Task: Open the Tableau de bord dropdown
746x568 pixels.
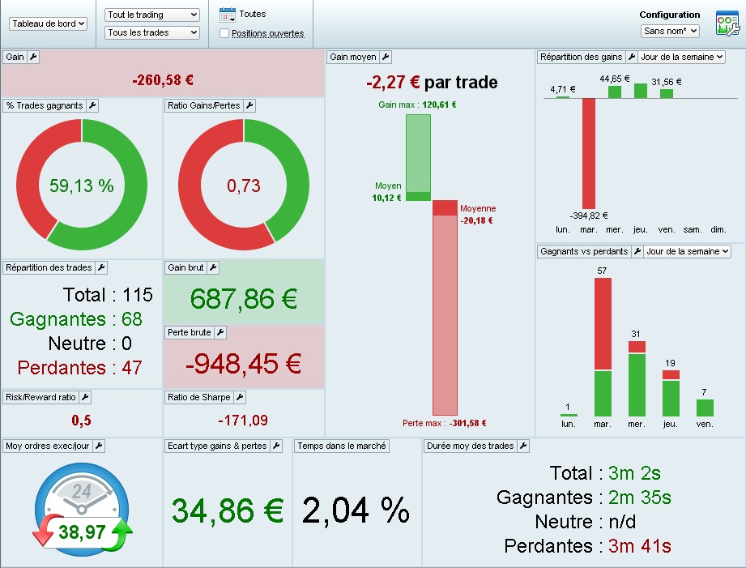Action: pos(48,24)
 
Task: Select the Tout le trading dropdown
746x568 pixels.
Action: pos(152,15)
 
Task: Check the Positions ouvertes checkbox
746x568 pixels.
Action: pos(224,33)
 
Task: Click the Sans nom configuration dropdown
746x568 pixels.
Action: pos(669,31)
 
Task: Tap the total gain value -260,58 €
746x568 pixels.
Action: pos(163,81)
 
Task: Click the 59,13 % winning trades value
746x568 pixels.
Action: pos(82,186)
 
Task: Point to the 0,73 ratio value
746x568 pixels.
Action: pos(244,186)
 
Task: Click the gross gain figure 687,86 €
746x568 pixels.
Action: pos(244,298)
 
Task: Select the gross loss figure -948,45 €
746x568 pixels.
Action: pos(244,364)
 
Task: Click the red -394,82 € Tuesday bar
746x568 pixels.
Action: pos(589,153)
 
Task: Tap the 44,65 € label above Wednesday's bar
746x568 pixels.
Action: pos(614,79)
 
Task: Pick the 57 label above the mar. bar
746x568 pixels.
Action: pos(602,270)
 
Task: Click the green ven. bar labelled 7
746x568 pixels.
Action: pos(705,408)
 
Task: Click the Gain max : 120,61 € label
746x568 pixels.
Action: pos(417,105)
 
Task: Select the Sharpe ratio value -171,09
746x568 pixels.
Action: pos(243,421)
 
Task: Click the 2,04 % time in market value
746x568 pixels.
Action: pos(356,510)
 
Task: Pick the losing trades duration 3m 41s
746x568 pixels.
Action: pos(640,546)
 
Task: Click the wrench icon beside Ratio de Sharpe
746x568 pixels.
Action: pos(240,397)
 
